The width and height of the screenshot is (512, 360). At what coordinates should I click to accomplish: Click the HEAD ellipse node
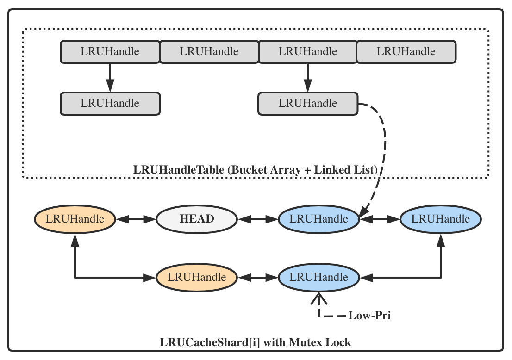pyautogui.click(x=197, y=219)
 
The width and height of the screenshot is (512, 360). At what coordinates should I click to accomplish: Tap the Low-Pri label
pyautogui.click(x=370, y=317)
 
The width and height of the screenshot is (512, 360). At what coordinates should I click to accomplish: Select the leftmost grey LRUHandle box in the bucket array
pyautogui.click(x=110, y=51)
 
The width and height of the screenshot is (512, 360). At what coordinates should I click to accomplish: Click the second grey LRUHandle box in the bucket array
pyautogui.click(x=209, y=51)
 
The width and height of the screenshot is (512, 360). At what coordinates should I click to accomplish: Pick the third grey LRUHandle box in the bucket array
pyautogui.click(x=308, y=51)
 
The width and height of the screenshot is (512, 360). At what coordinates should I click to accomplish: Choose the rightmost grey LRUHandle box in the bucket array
pyautogui.click(x=406, y=51)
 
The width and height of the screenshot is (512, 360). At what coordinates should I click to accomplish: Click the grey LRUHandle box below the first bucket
pyautogui.click(x=110, y=103)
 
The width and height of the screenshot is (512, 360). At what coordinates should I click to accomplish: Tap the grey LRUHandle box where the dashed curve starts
pyautogui.click(x=308, y=103)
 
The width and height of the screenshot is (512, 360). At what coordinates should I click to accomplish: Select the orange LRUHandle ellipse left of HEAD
pyautogui.click(x=75, y=219)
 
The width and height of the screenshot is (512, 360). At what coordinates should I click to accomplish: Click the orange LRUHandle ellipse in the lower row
pyautogui.click(x=197, y=277)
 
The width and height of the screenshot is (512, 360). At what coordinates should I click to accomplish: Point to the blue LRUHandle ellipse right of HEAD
pyautogui.click(x=318, y=219)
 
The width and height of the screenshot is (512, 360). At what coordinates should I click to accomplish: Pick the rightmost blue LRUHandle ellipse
pyautogui.click(x=441, y=219)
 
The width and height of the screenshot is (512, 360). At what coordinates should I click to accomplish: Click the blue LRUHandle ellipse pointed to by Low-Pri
pyautogui.click(x=318, y=277)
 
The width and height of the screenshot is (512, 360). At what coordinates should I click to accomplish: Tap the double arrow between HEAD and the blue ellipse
pyautogui.click(x=258, y=219)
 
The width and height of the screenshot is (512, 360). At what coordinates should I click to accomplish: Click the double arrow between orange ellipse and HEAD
pyautogui.click(x=136, y=219)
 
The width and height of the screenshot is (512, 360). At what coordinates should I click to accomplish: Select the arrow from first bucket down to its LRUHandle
pyautogui.click(x=110, y=77)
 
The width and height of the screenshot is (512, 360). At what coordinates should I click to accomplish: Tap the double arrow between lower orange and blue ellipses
pyautogui.click(x=258, y=277)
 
